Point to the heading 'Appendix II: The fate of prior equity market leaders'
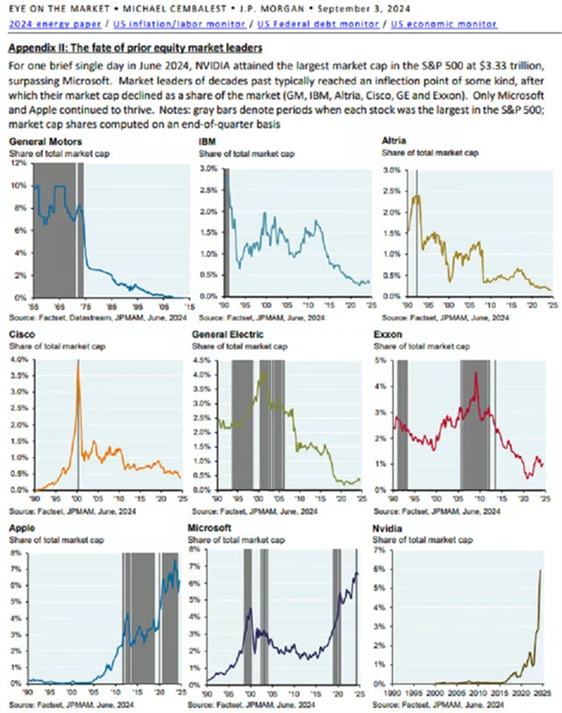[x=136, y=47]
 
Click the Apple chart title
[x=22, y=528]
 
